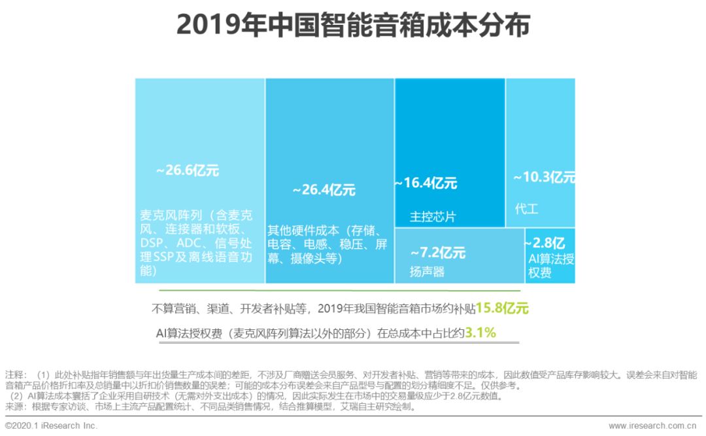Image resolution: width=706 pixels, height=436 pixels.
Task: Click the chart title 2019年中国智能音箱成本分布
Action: tap(353, 26)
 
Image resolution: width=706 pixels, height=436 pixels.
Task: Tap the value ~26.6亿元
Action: tap(187, 171)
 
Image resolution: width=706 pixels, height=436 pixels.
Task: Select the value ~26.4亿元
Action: tap(324, 190)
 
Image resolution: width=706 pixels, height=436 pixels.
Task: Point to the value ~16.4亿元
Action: tap(426, 183)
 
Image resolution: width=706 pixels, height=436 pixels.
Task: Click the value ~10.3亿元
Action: tap(544, 177)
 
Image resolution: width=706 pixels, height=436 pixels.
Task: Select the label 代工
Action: tap(526, 209)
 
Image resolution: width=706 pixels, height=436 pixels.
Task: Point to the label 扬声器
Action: tap(427, 271)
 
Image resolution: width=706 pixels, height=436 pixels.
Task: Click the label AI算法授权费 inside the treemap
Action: tap(551, 265)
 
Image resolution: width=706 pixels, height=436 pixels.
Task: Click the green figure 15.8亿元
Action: tap(502, 308)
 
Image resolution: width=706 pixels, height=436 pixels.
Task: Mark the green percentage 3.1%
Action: tap(480, 333)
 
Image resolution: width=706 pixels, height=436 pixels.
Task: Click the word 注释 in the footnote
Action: tap(15, 375)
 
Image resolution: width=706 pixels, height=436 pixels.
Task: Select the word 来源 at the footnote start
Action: tap(15, 407)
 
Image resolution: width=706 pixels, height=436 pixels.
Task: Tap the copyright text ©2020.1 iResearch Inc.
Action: tap(51, 426)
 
